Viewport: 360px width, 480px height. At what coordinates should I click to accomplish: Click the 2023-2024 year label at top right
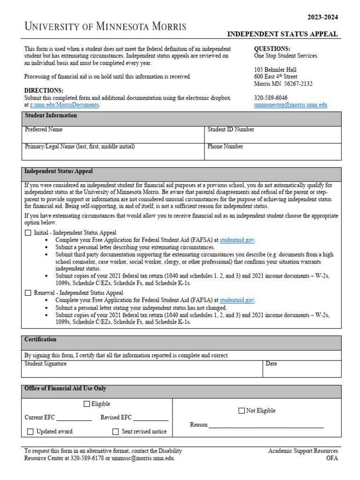tap(322, 17)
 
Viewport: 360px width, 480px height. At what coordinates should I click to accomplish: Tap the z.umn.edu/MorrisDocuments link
tap(64, 105)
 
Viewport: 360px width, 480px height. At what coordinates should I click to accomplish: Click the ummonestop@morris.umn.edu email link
tap(290, 105)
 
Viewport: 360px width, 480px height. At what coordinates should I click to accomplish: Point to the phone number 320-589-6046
tap(270, 98)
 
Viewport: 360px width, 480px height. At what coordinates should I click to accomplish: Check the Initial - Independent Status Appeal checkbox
tap(28, 232)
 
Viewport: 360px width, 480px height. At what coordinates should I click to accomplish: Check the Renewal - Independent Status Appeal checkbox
tap(28, 292)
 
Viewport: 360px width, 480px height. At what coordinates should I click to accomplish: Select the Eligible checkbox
tap(87, 404)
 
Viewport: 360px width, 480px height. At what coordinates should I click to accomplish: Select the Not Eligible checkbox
tap(241, 411)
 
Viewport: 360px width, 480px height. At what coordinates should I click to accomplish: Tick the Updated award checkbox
tap(30, 432)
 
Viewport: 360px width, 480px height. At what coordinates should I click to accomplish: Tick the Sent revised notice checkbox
tap(115, 432)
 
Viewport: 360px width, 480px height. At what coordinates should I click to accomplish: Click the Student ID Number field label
tap(231, 129)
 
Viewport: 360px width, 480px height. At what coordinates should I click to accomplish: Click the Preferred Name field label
tap(43, 129)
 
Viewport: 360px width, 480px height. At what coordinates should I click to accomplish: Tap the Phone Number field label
tap(225, 146)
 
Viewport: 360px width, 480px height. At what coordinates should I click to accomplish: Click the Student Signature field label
tap(45, 363)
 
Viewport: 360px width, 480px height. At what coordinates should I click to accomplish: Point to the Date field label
tap(271, 363)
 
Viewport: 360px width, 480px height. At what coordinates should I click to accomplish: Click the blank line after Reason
tap(266, 425)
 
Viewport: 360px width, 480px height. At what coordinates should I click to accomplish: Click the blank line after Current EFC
tap(74, 418)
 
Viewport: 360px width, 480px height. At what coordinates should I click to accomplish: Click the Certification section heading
tap(40, 339)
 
